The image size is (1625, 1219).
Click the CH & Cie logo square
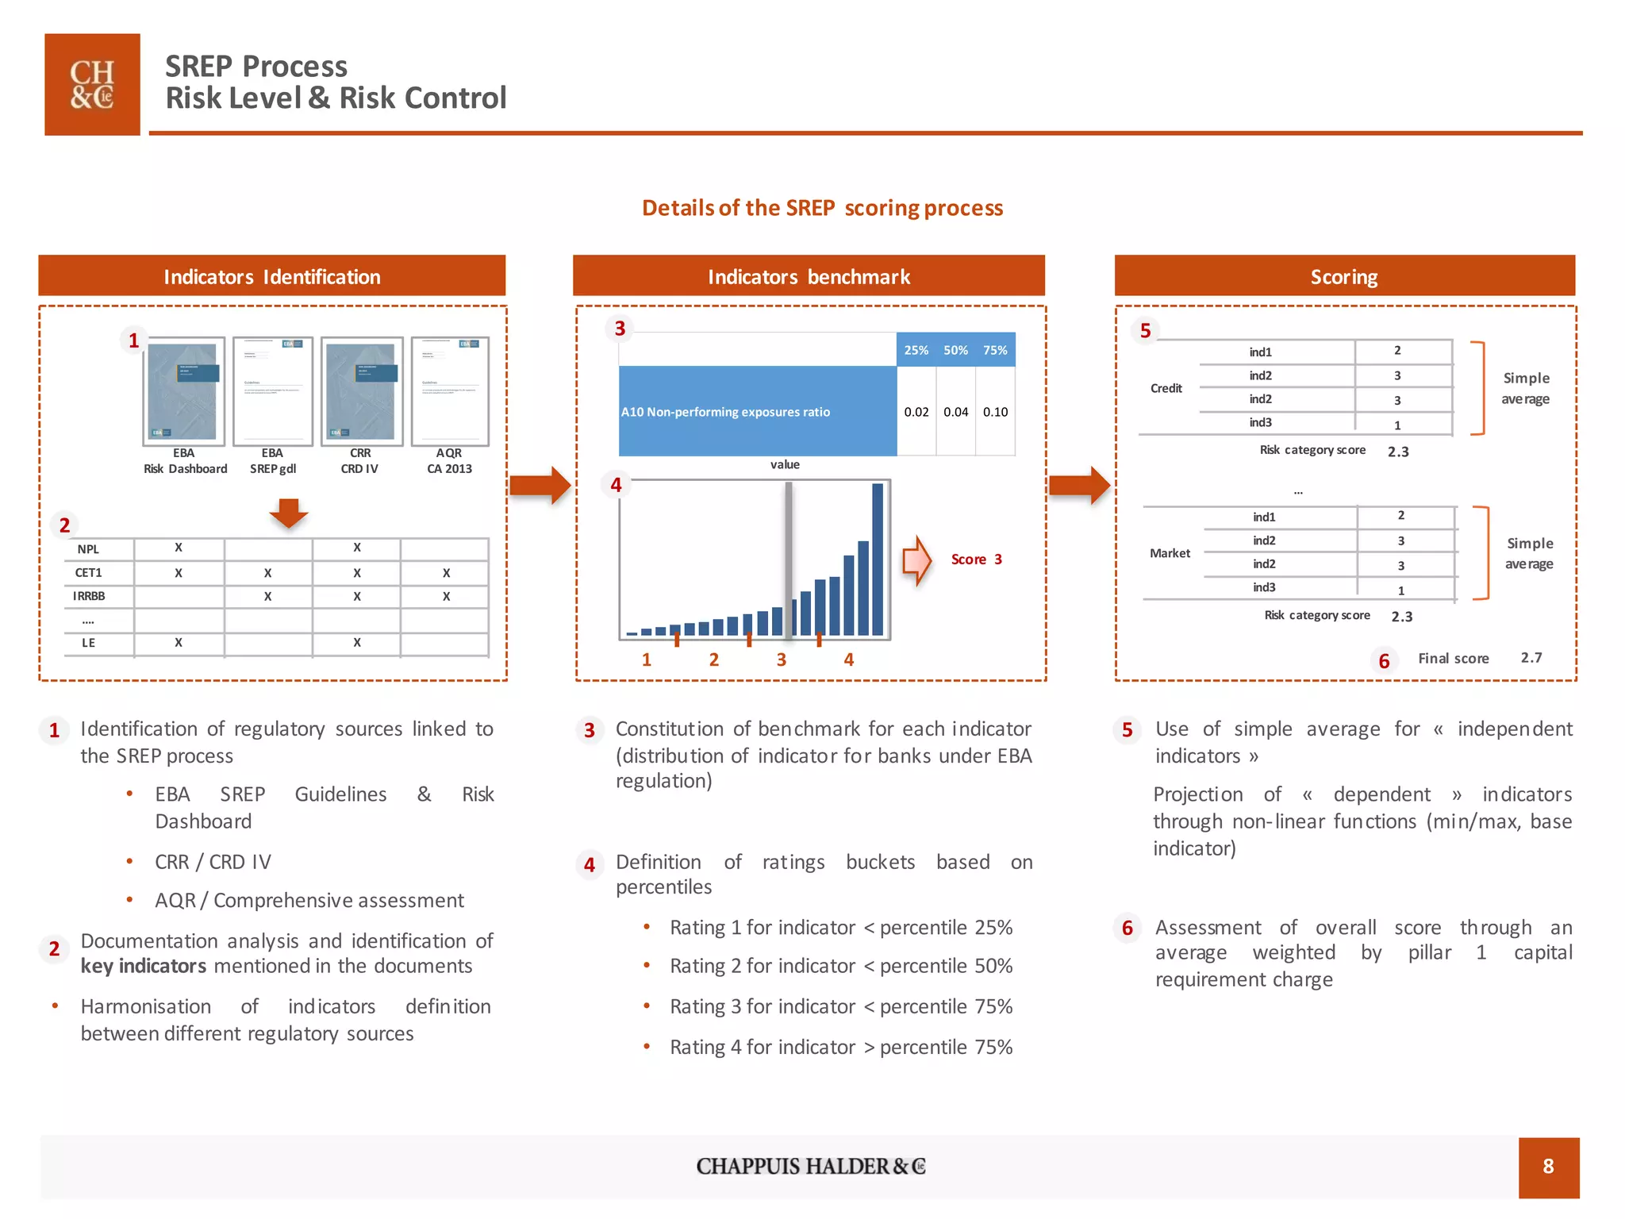[92, 84]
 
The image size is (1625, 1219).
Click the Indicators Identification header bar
[271, 276]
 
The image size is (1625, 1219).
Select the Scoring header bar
[1344, 276]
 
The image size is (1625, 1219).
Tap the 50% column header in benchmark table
[955, 350]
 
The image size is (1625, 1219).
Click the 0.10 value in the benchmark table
[995, 412]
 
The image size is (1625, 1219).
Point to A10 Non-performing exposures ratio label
[725, 412]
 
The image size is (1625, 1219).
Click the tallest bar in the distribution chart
[878, 560]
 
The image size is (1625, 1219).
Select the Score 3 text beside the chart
[976, 560]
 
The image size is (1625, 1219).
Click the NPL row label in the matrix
[88, 549]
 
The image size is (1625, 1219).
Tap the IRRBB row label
[89, 596]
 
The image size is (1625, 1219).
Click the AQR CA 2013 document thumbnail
[450, 390]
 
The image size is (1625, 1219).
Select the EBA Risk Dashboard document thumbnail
[184, 390]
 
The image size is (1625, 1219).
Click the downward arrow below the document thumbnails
[289, 513]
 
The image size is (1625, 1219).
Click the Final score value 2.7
[1531, 658]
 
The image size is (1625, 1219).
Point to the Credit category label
[1166, 388]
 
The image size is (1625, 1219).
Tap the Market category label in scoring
[1170, 553]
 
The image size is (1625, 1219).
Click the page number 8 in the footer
[1548, 1167]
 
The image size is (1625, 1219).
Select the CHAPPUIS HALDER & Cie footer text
[811, 1167]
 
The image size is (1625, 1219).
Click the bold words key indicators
[144, 966]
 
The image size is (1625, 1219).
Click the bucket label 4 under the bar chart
[848, 659]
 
